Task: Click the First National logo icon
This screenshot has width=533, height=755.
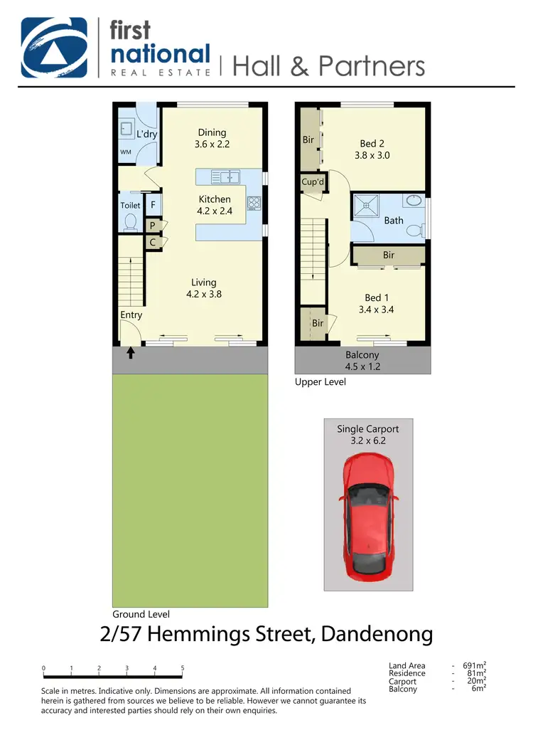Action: (x=56, y=47)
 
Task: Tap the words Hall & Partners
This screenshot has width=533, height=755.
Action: (x=328, y=65)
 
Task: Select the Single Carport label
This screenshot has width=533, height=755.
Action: (x=367, y=429)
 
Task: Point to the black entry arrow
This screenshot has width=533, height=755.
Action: (x=131, y=352)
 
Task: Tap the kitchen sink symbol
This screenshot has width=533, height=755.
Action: (x=225, y=176)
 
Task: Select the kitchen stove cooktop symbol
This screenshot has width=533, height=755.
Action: (x=254, y=202)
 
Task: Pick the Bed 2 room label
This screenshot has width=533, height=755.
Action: (x=372, y=144)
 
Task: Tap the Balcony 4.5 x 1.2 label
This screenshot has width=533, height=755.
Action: (x=362, y=360)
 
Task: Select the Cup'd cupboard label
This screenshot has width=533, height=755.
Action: (x=313, y=182)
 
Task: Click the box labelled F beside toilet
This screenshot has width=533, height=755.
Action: (x=153, y=205)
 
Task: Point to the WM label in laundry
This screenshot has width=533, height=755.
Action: (x=126, y=152)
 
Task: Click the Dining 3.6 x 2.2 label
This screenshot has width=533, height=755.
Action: (x=212, y=138)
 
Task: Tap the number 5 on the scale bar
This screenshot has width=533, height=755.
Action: (x=183, y=668)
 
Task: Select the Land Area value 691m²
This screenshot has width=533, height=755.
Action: (x=474, y=666)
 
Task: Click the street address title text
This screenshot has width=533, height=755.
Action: (x=266, y=634)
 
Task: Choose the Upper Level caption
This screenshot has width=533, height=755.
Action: (x=321, y=382)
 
